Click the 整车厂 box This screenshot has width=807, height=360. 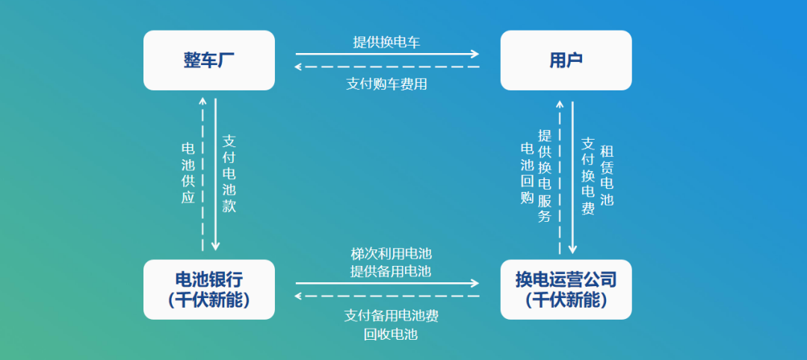209,60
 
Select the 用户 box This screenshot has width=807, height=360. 566,60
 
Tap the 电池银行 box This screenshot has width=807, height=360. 209,290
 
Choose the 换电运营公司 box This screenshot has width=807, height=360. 566,290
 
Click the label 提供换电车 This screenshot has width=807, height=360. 386,42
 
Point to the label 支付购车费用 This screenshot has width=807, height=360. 386,84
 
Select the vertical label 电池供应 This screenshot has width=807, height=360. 188,173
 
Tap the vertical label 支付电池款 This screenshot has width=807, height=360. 229,174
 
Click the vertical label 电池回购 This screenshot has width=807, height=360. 527,173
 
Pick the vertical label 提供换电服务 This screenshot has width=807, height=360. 545,176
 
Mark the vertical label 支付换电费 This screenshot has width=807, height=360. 588,176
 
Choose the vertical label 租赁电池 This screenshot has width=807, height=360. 607,176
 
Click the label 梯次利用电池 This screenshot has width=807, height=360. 391,253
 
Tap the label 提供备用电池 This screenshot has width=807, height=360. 391,271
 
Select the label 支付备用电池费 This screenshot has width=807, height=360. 391,316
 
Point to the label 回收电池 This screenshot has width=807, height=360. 391,335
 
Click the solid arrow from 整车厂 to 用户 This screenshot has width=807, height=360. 388,54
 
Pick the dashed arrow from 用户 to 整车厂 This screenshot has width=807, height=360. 386,67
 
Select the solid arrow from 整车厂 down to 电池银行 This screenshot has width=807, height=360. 216,175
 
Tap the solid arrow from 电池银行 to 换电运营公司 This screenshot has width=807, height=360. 388,283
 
